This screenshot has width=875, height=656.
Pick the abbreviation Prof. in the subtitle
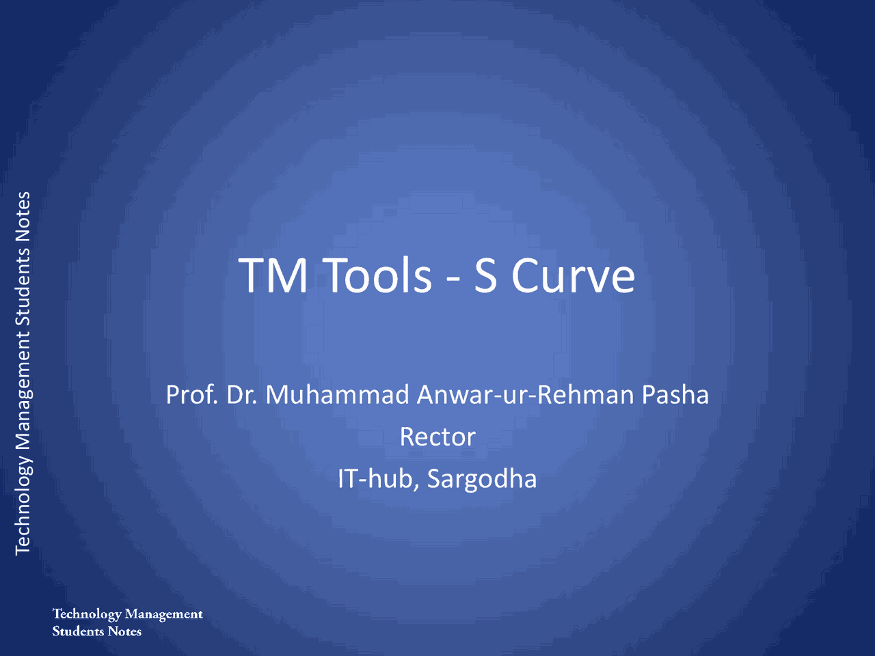pyautogui.click(x=191, y=395)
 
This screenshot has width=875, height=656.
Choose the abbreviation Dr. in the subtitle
pyautogui.click(x=241, y=395)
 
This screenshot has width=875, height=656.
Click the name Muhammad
pyautogui.click(x=337, y=395)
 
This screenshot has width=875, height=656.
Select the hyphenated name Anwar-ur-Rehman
pyautogui.click(x=525, y=395)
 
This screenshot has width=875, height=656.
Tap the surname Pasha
pyautogui.click(x=675, y=395)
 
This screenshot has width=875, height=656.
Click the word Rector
pyautogui.click(x=437, y=437)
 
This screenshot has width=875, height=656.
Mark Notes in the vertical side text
pyautogui.click(x=23, y=216)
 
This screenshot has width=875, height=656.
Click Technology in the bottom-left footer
pyautogui.click(x=87, y=614)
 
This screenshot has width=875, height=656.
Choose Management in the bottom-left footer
pyautogui.click(x=164, y=614)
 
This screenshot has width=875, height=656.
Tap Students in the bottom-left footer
pyautogui.click(x=78, y=631)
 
